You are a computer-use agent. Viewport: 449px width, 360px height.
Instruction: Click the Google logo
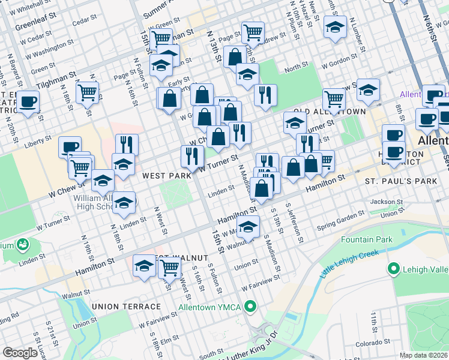point(20,353)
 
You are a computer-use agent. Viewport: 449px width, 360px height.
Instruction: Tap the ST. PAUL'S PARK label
point(397,180)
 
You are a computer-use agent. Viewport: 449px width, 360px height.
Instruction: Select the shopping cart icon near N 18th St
point(88,92)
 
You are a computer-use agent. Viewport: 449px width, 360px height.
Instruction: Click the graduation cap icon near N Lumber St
point(335,26)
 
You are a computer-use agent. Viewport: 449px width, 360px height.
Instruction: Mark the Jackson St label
point(385,202)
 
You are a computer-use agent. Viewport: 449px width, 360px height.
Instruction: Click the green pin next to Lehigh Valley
point(394,268)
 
